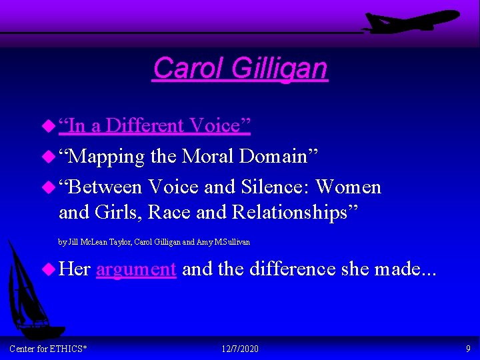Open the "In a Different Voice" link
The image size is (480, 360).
154,125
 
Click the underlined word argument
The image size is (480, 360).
136,269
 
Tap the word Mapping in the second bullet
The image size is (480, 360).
106,157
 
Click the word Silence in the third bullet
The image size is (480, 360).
274,187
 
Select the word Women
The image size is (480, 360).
349,187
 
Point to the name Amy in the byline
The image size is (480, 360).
203,242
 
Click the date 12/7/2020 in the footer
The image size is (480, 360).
239,349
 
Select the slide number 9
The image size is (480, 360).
468,349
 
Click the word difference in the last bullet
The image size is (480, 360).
289,269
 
